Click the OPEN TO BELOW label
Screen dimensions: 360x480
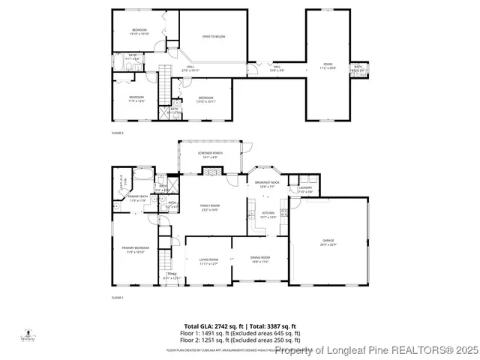tap(214, 36)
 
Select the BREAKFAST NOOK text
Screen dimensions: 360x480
tap(266, 182)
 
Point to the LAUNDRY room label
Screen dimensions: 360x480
tap(305, 188)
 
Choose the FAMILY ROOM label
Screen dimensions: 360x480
tap(209, 205)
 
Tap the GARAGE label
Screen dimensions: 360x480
tap(328, 241)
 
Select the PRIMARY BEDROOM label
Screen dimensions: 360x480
tap(136, 248)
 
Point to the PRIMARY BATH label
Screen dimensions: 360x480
tap(137, 196)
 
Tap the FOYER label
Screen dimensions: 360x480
tap(172, 274)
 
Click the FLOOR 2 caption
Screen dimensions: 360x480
tap(117, 133)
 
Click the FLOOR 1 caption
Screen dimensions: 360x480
tap(117, 298)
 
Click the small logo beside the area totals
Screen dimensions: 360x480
tap(28, 335)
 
